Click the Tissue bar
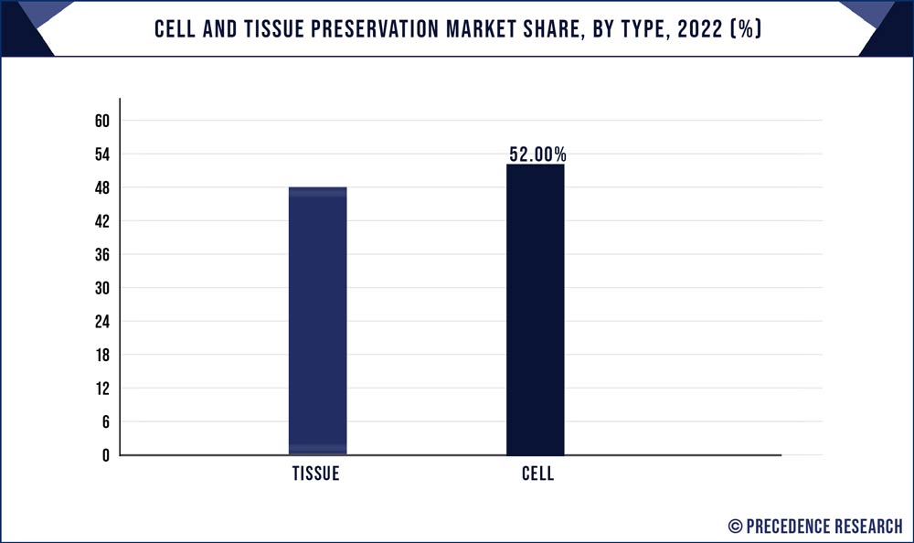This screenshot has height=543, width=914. (x=317, y=321)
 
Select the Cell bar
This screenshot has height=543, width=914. (x=535, y=310)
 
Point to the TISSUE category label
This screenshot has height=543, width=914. (x=316, y=474)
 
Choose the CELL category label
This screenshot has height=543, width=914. (x=538, y=474)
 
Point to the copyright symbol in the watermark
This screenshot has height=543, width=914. (x=735, y=526)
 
